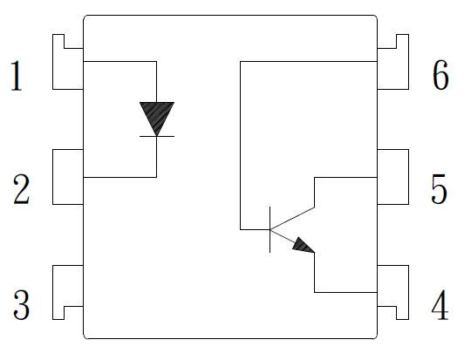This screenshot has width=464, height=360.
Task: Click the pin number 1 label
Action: coord(17,76)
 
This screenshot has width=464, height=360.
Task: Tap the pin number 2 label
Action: coord(21,189)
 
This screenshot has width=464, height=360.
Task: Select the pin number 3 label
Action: coord(21,305)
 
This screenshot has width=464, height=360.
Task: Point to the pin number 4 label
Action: coord(440,305)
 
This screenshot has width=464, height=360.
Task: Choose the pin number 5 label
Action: coord(440,189)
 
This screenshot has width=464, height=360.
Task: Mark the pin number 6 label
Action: coord(440,75)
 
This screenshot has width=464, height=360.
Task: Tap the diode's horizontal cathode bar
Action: coord(157,136)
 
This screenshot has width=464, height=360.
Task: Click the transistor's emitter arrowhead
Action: coord(304,246)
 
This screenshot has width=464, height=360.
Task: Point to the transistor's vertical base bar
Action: coord(270,229)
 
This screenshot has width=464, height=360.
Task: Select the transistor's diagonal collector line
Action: coord(292,218)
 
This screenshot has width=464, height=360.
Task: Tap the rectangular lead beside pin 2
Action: coord(68,177)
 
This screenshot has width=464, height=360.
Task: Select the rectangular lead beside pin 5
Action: coord(393,177)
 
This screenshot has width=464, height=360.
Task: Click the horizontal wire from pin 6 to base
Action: coord(309,62)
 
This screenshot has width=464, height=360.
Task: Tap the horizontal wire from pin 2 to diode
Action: coord(120,177)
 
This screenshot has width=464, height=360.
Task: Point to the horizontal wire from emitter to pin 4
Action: coord(346,293)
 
